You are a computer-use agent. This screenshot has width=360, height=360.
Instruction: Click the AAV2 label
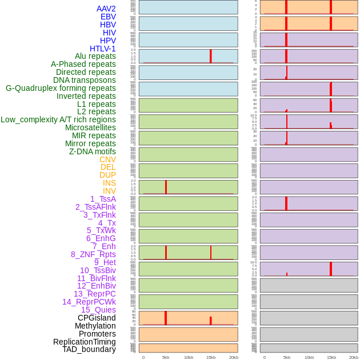coord(106,9)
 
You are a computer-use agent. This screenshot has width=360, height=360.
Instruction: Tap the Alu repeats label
coord(95,56)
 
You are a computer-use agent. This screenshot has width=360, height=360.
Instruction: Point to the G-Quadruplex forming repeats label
coord(61,88)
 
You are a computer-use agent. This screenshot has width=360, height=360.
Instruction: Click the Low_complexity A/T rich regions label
coord(58,119)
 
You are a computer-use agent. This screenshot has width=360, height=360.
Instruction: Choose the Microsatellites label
coord(90,127)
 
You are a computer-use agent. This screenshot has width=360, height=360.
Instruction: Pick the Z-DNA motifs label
coord(92,151)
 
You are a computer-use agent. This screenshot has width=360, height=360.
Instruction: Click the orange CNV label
coord(107,159)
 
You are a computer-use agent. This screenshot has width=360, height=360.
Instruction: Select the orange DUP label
coord(107,175)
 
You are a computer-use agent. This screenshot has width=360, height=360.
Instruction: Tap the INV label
coord(109,191)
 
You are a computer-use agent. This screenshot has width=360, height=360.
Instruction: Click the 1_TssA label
coord(103,199)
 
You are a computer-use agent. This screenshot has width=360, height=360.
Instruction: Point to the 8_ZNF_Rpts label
coord(93,254)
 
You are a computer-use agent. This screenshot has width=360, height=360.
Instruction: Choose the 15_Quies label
coord(98,310)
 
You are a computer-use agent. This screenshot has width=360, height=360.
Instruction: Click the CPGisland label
coord(97,318)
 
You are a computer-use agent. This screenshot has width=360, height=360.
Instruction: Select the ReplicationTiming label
coord(84,342)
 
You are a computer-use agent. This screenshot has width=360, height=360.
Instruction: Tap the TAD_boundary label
coord(89,349)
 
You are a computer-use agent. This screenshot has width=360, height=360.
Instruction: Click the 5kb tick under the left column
coord(166,357)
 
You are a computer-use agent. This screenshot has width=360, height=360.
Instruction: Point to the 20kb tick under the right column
coord(354,357)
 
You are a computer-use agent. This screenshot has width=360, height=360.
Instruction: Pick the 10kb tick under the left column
coord(188,357)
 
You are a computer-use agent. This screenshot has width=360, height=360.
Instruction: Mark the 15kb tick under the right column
coord(331,357)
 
